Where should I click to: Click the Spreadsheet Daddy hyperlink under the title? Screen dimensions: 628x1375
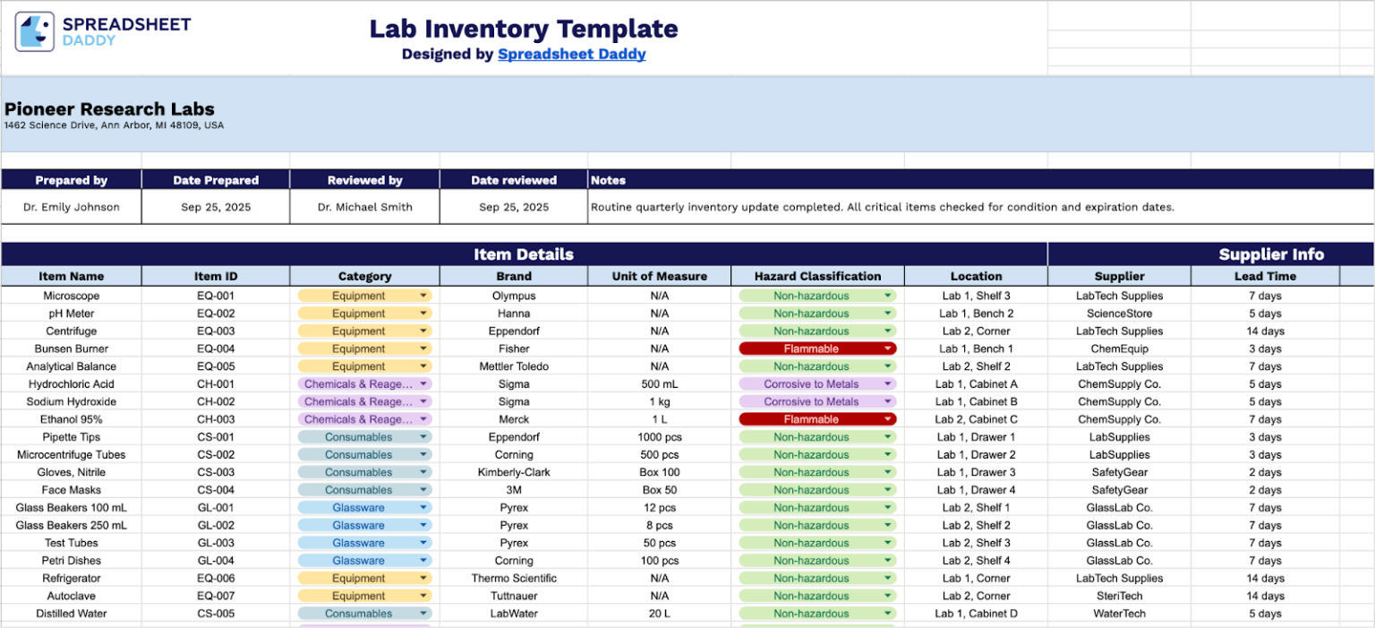coord(571,54)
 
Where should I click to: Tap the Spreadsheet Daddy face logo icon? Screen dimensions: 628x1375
coord(34,31)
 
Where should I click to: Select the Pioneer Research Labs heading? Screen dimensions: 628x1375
coord(109,109)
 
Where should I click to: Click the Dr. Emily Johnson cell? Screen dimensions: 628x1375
coord(71,207)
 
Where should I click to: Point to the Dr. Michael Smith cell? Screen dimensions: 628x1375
coord(364,207)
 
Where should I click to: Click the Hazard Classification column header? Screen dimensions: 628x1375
coord(817,276)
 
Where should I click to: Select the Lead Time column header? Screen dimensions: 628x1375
coord(1265,276)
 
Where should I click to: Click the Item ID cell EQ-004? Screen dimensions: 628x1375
coord(215,348)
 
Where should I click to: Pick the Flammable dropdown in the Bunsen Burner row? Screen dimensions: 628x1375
coord(817,348)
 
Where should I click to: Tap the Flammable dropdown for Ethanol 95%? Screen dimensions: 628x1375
coord(817,419)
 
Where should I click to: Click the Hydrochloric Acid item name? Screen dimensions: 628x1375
coord(71,384)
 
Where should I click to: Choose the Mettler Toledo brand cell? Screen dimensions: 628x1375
coord(514,366)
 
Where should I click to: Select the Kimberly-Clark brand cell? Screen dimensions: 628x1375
coord(514,472)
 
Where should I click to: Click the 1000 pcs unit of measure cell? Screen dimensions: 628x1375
coord(659,437)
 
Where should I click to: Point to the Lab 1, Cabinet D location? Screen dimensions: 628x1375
coord(976,614)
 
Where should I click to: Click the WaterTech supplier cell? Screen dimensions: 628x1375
coord(1119,614)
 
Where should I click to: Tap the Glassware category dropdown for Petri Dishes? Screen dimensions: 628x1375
coord(364,561)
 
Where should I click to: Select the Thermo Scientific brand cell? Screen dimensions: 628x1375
coord(514,579)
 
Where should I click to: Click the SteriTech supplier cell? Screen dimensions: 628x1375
coord(1119,596)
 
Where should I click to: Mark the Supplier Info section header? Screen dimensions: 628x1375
coord(1270,254)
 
